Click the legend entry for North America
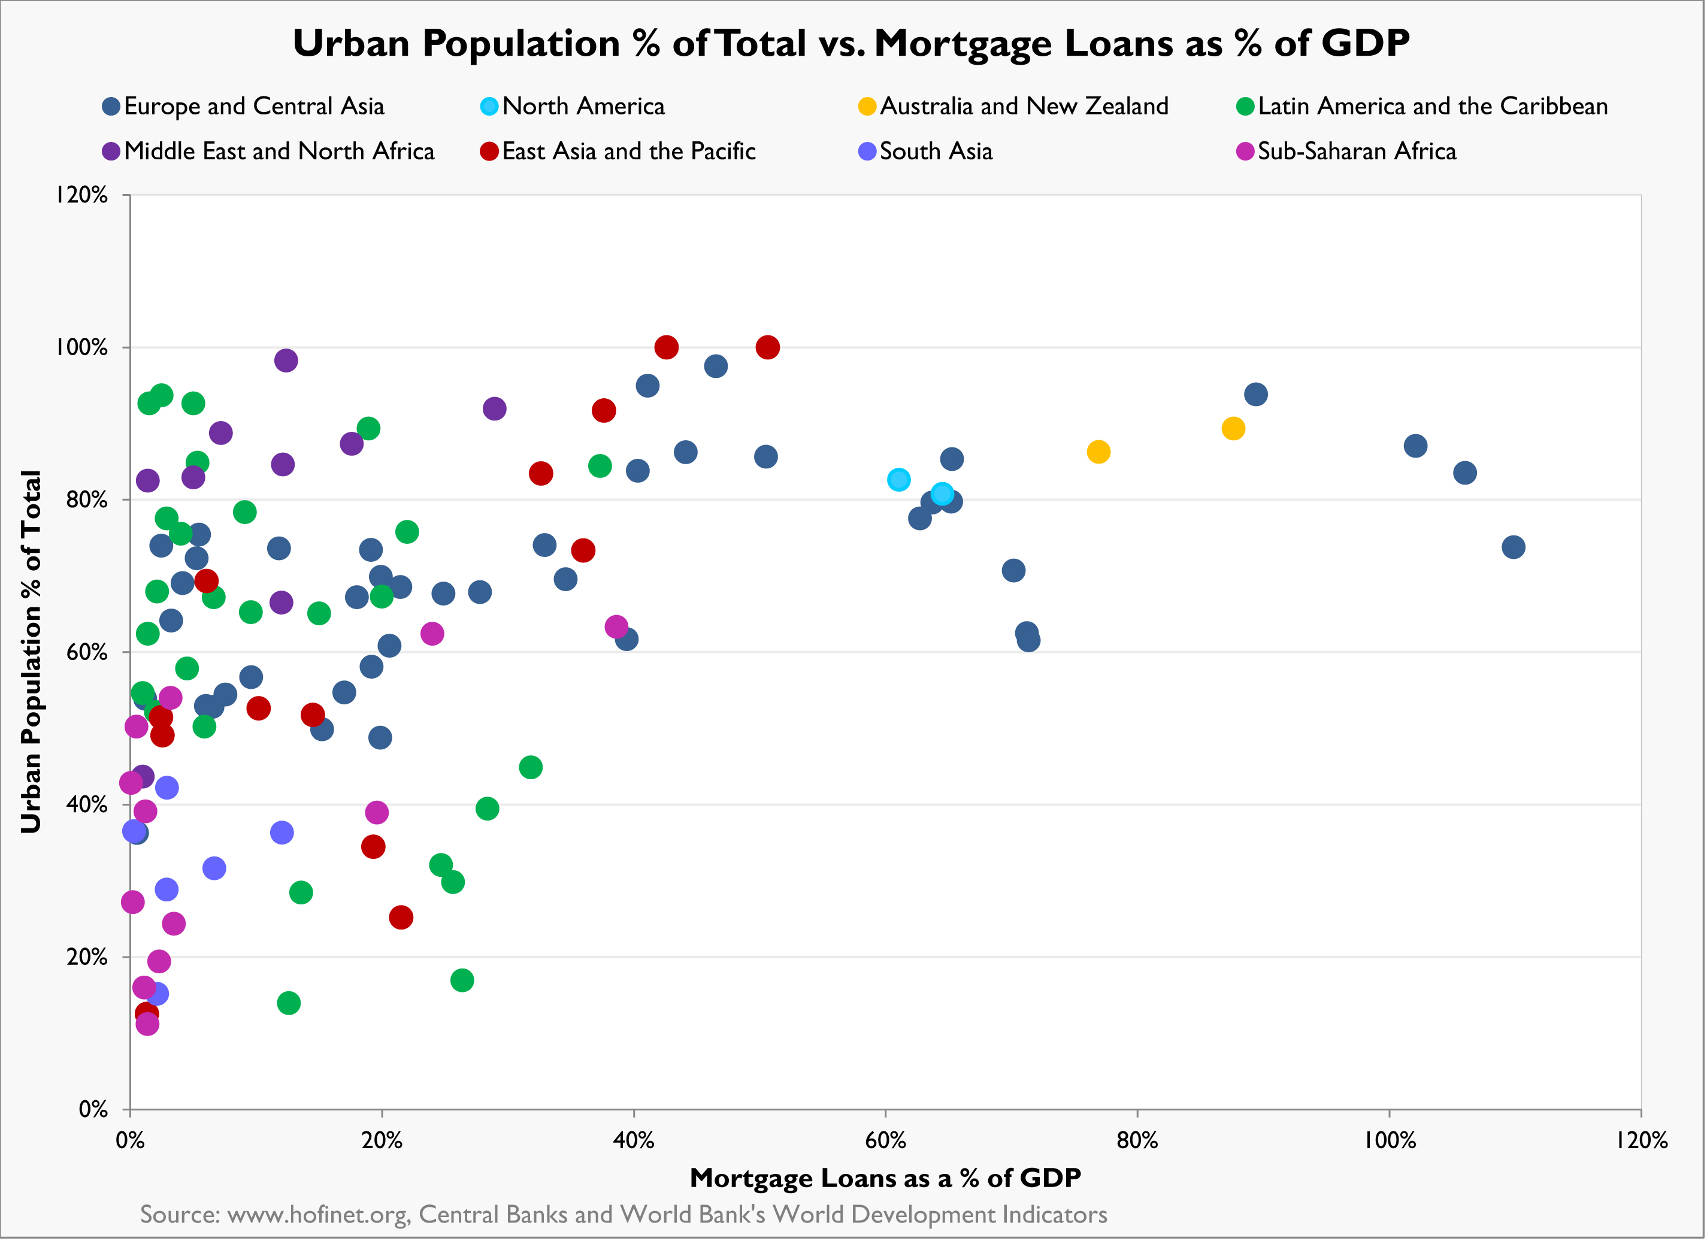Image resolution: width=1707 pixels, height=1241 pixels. pyautogui.click(x=583, y=106)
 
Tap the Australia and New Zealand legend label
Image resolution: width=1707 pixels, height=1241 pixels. pyautogui.click(x=1024, y=106)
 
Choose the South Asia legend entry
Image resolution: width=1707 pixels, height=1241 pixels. pyautogui.click(x=936, y=152)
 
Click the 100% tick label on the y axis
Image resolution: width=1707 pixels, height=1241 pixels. pyautogui.click(x=81, y=348)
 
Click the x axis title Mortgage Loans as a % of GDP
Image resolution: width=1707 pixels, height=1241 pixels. pyautogui.click(x=885, y=1178)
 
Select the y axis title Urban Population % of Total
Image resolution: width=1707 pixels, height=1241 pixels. pyautogui.click(x=31, y=652)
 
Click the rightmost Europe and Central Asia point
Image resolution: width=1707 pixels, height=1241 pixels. pyautogui.click(x=1514, y=547)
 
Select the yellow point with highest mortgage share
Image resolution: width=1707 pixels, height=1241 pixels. pyautogui.click(x=1233, y=429)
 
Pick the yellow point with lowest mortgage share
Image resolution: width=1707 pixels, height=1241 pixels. pyautogui.click(x=1098, y=452)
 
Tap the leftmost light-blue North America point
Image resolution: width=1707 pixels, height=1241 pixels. pyautogui.click(x=898, y=479)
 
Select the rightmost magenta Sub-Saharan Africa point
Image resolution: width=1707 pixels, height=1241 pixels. pyautogui.click(x=616, y=626)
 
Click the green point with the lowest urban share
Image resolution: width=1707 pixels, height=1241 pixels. pyautogui.click(x=288, y=1003)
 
